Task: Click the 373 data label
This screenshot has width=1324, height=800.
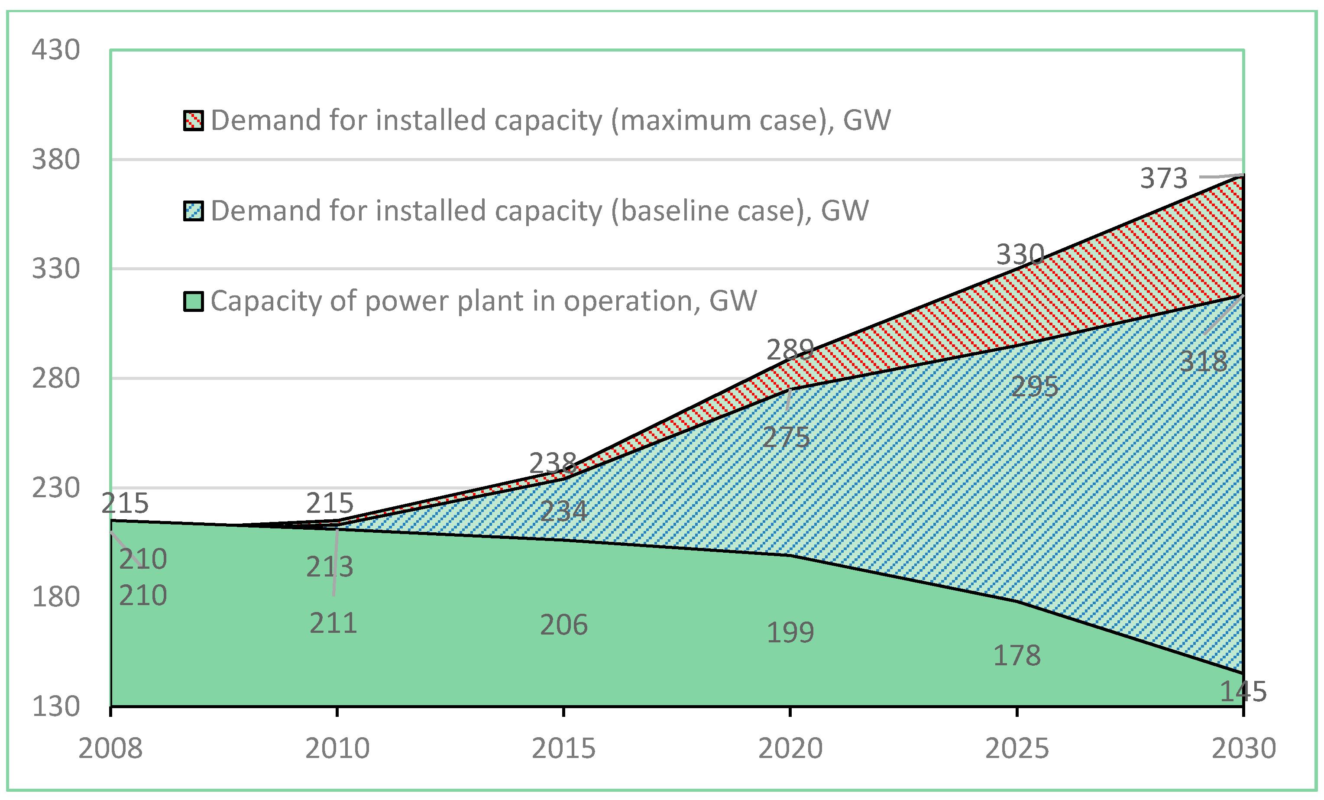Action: (1163, 178)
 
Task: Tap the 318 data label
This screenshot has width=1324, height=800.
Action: (1203, 362)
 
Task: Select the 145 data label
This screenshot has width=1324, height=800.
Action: (1243, 691)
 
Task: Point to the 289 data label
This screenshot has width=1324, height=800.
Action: (790, 350)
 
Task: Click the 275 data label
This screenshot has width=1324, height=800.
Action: (786, 438)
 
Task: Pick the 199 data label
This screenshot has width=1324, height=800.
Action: (790, 632)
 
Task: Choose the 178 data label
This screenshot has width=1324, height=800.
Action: (1016, 655)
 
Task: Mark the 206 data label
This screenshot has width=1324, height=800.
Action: (563, 625)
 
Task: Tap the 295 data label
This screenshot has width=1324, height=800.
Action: (1034, 387)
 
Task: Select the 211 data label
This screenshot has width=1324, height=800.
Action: (333, 623)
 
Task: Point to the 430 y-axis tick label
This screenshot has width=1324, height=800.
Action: (56, 50)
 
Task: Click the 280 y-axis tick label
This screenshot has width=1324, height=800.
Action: (56, 378)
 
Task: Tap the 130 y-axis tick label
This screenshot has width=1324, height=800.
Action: (56, 706)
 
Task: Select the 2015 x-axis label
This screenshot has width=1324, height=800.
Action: (563, 748)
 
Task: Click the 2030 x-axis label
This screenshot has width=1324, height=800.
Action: (1243, 748)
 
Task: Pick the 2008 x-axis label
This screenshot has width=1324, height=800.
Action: (111, 748)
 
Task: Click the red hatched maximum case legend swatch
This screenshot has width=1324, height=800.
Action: (194, 121)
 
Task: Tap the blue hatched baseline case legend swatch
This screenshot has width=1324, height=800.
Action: (194, 211)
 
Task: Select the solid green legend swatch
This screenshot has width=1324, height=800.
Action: (194, 301)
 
